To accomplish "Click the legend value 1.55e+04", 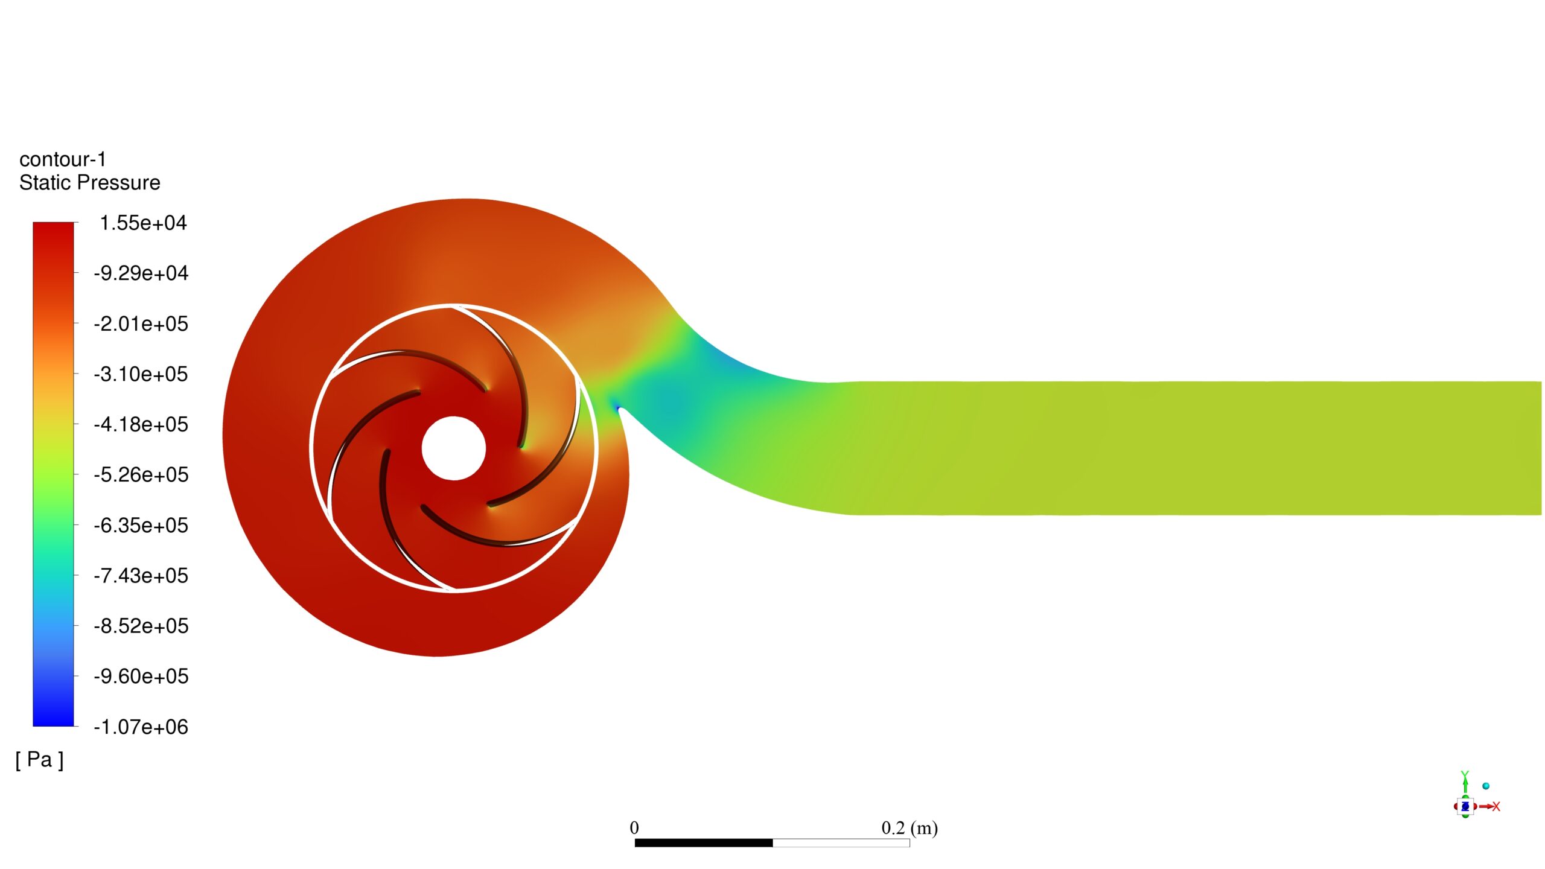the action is [143, 223].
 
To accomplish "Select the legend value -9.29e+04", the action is [141, 273].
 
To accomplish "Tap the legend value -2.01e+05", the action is [141, 324].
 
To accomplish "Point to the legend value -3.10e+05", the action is [141, 374].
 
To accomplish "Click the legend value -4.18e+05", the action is [141, 425].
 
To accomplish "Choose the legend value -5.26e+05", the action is [141, 475].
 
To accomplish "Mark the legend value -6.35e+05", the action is [141, 526].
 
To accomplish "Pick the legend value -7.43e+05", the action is [141, 576].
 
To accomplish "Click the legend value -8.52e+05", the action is [141, 626].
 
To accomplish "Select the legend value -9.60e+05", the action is [141, 676].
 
